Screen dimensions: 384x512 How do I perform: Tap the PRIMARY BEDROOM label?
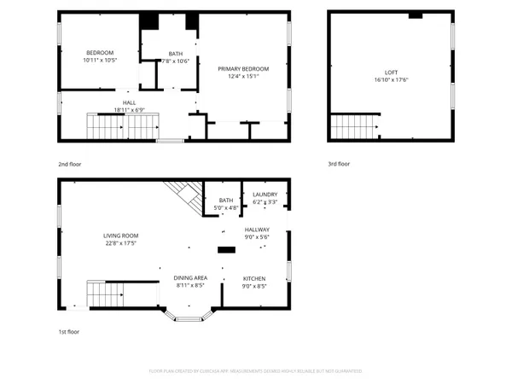pos(243,69)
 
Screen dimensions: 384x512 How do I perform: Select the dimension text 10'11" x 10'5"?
pos(100,61)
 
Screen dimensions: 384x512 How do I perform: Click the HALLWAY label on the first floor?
pos(257,230)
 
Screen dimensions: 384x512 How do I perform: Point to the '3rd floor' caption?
pos(339,163)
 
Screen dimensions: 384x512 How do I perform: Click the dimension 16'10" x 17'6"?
pos(391,80)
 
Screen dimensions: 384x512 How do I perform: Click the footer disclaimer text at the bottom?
pos(256,371)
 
